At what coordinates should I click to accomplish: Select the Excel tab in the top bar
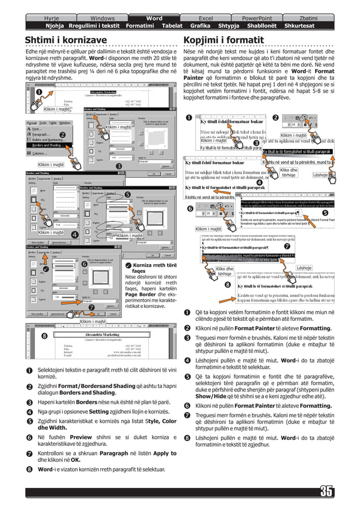[x=206, y=18]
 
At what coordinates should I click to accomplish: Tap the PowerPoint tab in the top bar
[x=257, y=18]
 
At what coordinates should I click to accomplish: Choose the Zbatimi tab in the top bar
[x=308, y=18]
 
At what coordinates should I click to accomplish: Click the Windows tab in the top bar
[x=102, y=18]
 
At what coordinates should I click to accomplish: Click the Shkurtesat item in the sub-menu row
[x=300, y=26]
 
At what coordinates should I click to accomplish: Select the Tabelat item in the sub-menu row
[x=172, y=26]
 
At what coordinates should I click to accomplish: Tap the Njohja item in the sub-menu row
[x=55, y=26]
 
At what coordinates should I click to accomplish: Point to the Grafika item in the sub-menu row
[x=200, y=26]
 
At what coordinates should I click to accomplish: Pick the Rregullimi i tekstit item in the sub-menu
[x=94, y=26]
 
